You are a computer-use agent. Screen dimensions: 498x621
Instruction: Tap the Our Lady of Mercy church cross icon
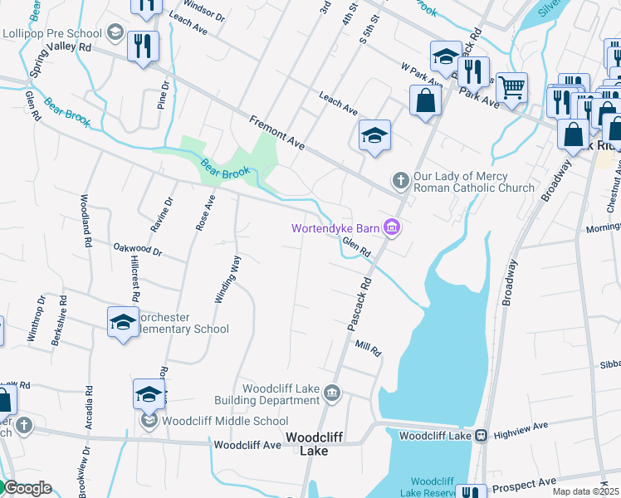(x=400, y=180)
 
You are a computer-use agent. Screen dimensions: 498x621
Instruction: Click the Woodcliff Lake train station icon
(x=480, y=435)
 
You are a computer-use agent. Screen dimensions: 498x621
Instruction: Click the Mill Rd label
(x=368, y=349)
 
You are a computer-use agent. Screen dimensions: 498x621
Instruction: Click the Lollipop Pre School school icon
(x=115, y=34)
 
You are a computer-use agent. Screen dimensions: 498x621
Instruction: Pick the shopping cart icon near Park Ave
(x=511, y=85)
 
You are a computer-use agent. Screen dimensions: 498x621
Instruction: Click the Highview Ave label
(x=521, y=426)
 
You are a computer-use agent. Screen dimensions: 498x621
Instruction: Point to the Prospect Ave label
(x=523, y=482)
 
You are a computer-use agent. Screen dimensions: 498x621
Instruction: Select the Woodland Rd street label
(x=86, y=222)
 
